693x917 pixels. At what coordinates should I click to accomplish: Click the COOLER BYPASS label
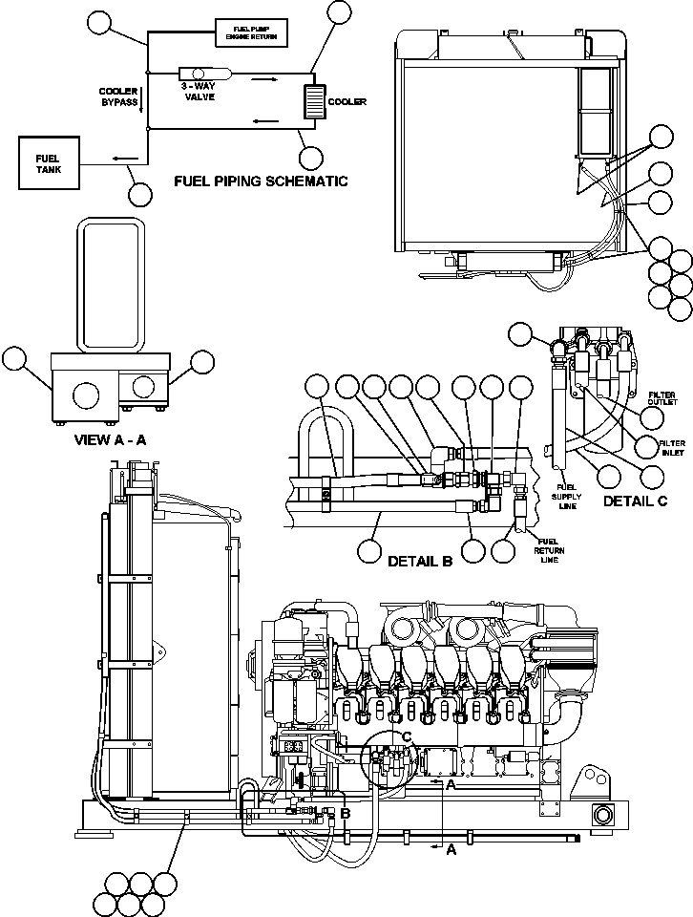point(119,96)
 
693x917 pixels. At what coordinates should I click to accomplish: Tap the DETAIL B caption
point(419,561)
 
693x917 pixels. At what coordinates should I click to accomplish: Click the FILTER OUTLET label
point(662,398)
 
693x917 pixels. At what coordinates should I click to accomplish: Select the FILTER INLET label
point(671,446)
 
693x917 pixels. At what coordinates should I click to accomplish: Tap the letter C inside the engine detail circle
point(406,736)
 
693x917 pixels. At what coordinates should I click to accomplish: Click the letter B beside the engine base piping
point(346,813)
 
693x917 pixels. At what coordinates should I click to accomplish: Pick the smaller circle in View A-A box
point(143,387)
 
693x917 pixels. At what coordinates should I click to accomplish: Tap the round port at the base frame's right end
point(602,815)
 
